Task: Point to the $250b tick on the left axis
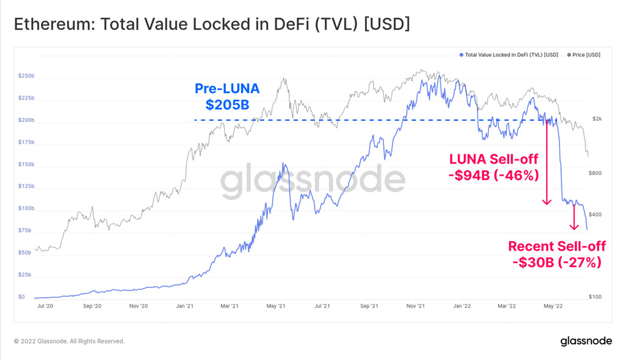pyautogui.click(x=26, y=76)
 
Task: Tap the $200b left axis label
pyautogui.click(x=26, y=120)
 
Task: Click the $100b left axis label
pyautogui.click(x=26, y=209)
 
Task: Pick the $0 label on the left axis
pyautogui.click(x=22, y=297)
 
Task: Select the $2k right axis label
pyautogui.click(x=598, y=118)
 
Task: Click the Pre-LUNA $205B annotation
pyautogui.click(x=227, y=96)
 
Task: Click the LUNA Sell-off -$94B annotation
pyautogui.click(x=494, y=167)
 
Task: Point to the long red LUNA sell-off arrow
pyautogui.click(x=547, y=162)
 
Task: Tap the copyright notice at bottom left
pyautogui.click(x=69, y=341)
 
